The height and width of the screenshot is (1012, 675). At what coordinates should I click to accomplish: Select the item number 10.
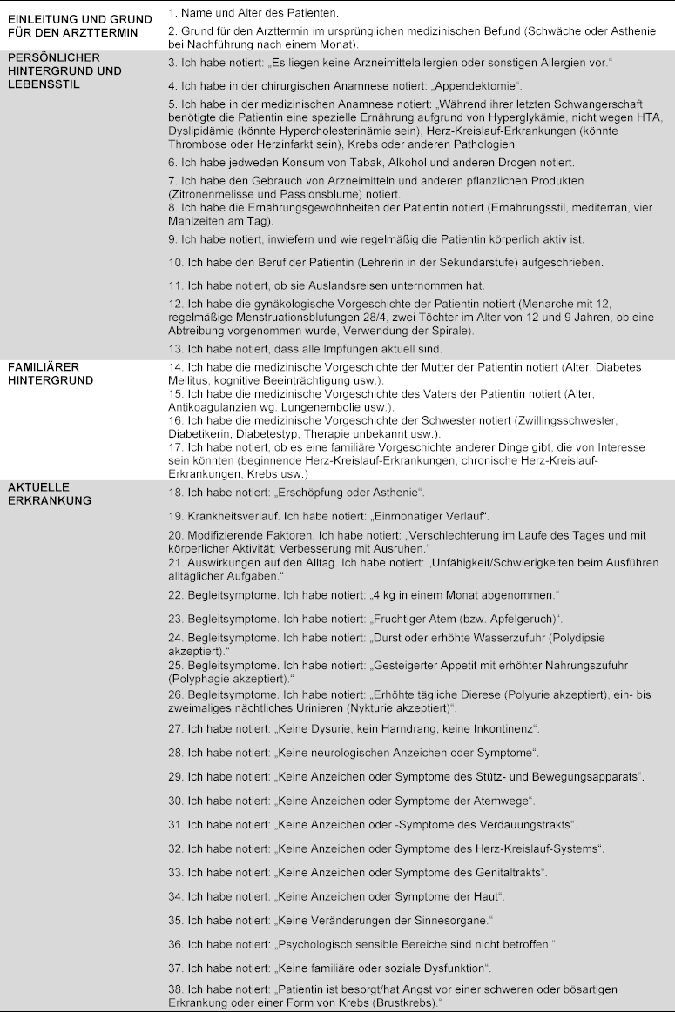(x=172, y=262)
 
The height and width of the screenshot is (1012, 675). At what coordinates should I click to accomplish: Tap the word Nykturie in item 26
(x=361, y=708)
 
